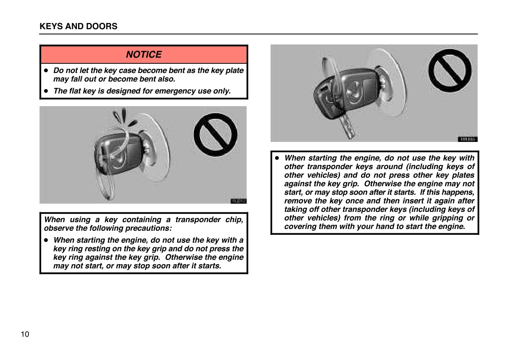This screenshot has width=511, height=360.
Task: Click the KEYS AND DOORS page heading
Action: pyautogui.click(x=78, y=26)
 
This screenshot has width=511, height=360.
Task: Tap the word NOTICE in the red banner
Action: pyautogui.click(x=144, y=55)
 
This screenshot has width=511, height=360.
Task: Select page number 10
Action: pyautogui.click(x=25, y=334)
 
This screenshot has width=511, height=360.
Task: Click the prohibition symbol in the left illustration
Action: pyautogui.click(x=215, y=135)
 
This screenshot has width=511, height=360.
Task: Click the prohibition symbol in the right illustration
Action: pyautogui.click(x=450, y=70)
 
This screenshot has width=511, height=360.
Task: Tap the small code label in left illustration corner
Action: pyautogui.click(x=238, y=201)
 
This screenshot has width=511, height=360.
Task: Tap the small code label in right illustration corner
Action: pyautogui.click(x=467, y=139)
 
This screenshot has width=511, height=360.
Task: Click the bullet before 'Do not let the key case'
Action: pyautogui.click(x=47, y=71)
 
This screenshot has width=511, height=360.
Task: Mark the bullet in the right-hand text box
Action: pyautogui.click(x=277, y=158)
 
